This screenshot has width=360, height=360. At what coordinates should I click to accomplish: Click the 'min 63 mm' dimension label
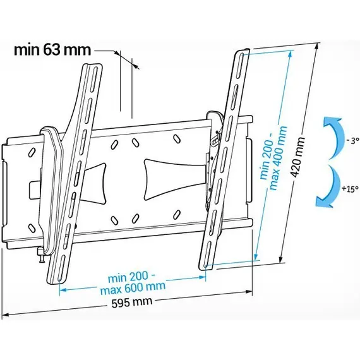(52, 51)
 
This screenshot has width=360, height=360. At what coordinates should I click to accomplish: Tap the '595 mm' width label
(132, 302)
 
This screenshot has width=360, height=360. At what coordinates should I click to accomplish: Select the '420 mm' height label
(297, 157)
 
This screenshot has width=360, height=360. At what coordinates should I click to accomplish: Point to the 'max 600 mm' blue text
(133, 287)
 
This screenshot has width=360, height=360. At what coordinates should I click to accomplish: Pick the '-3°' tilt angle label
(352, 140)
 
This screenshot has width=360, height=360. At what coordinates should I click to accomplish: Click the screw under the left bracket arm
(41, 255)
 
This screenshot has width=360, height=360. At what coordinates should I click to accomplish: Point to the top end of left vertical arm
(92, 65)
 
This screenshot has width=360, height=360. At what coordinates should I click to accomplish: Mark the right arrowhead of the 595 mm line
(249, 292)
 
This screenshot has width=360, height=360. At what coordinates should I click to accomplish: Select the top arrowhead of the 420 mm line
(317, 47)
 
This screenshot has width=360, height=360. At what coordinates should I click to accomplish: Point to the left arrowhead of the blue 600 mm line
(63, 290)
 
